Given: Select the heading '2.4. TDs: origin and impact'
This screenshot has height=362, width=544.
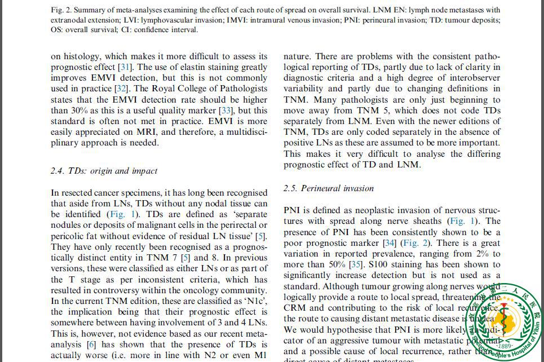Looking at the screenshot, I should click(104, 171).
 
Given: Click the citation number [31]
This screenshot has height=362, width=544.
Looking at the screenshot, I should click(125, 67).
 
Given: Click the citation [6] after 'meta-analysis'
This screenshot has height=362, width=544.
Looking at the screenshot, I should click(91, 345).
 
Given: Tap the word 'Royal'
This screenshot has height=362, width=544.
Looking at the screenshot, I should click(165, 89).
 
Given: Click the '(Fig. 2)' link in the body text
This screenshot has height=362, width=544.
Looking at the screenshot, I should click(414, 243).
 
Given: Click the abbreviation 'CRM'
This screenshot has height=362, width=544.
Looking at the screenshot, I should click(295, 307).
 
